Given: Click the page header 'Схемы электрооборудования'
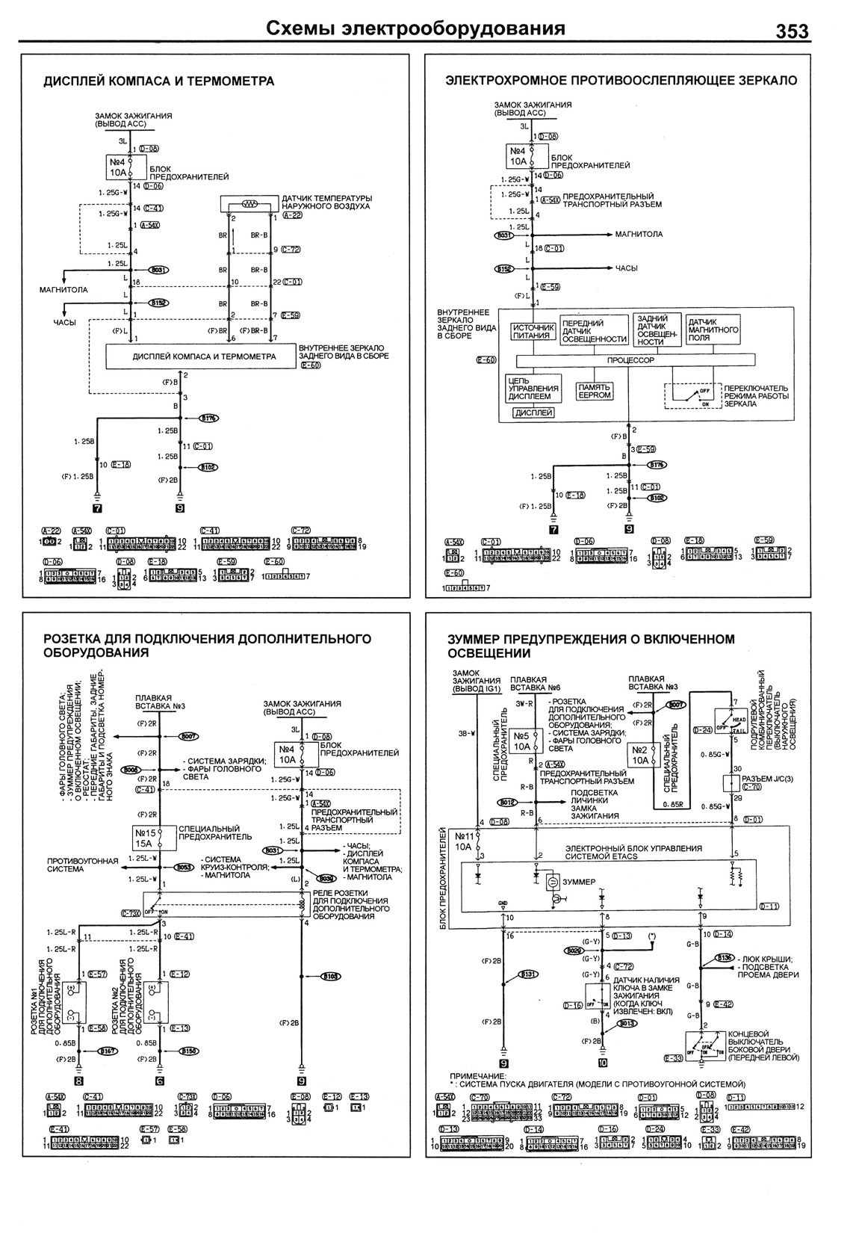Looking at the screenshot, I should tap(415, 29).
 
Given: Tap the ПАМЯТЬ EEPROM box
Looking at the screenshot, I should tap(595, 391).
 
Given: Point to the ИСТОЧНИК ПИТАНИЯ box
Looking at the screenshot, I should tap(533, 331).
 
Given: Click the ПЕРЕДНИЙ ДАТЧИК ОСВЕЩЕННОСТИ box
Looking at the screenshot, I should tap(594, 331).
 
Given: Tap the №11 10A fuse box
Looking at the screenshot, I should tap(463, 842).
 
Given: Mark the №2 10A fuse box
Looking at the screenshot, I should tap(642, 755).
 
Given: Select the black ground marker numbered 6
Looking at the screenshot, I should tap(159, 1080).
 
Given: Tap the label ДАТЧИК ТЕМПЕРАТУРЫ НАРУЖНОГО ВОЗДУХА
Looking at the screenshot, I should tap(326, 202).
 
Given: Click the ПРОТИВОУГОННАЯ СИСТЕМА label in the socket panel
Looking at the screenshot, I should tap(83, 865).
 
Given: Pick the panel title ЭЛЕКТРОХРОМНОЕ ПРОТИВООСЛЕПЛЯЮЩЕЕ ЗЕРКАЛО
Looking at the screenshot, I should tap(621, 81).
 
